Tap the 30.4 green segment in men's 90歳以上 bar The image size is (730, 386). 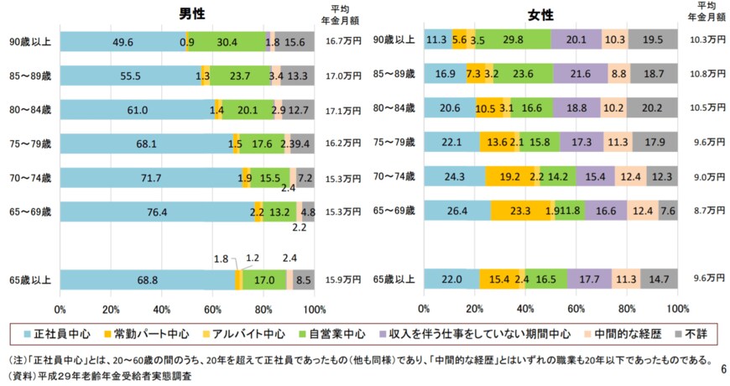(x=227, y=41)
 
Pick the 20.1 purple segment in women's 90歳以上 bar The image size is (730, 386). (x=576, y=39)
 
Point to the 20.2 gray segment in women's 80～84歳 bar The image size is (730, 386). (x=651, y=109)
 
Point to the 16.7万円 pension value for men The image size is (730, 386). (x=343, y=40)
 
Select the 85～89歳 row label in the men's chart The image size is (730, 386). (x=29, y=75)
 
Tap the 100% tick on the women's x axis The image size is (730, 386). (x=678, y=308)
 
